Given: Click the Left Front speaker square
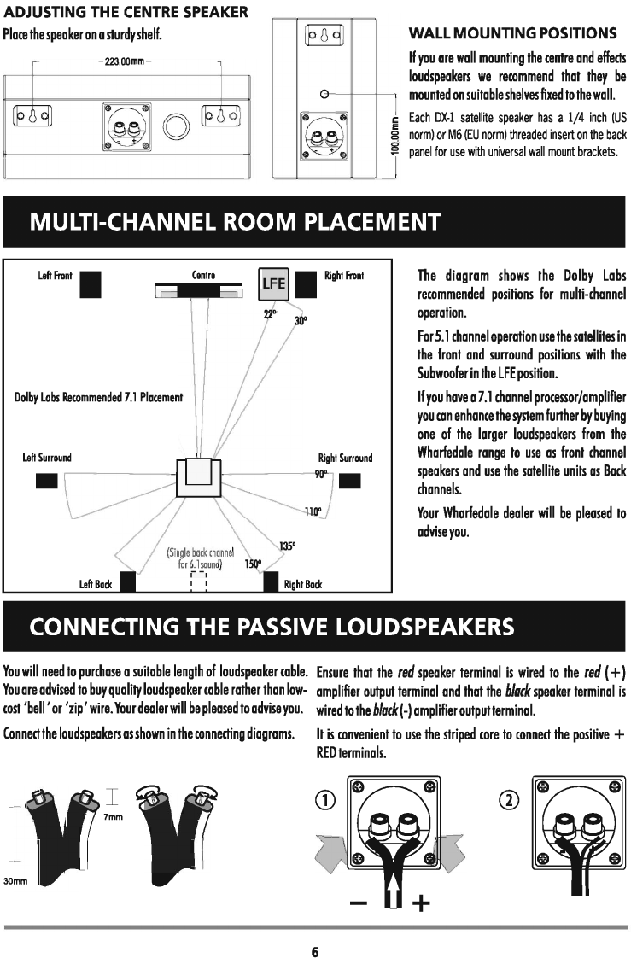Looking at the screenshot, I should click(x=91, y=283).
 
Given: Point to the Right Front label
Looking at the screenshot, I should click(x=344, y=276).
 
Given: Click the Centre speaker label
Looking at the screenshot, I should click(x=203, y=275).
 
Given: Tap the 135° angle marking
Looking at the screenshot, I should click(x=288, y=546).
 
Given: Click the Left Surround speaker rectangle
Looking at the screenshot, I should click(x=46, y=481).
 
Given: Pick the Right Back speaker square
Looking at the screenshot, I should click(x=272, y=583).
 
